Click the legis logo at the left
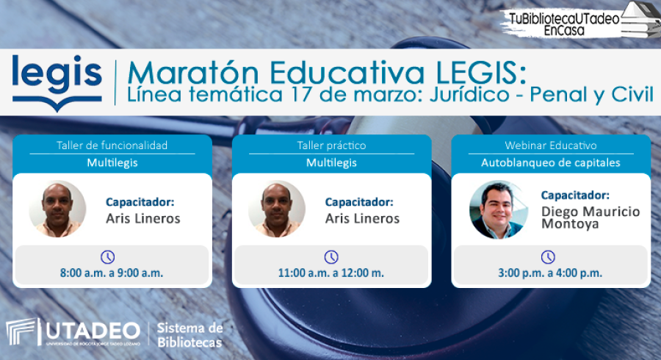[x=57, y=82]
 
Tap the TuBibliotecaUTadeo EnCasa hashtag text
[x=564, y=24]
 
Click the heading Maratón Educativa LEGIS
[x=327, y=73]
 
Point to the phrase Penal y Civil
[x=591, y=95]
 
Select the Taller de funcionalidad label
[x=112, y=145]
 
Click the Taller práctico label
[x=331, y=145]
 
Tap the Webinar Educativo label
[x=551, y=145]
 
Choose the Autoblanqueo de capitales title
[x=551, y=162]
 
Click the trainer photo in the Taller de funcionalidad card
[x=58, y=209]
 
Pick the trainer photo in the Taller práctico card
[x=277, y=209]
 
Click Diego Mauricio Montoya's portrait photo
[x=498, y=209]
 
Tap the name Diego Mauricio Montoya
[x=590, y=217]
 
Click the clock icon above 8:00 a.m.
[x=107, y=256]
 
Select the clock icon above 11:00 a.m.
[x=331, y=256]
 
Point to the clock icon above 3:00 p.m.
[x=548, y=256]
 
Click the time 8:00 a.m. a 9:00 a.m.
[x=112, y=273]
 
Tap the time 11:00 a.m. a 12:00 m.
[x=331, y=273]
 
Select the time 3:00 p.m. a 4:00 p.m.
[x=550, y=273]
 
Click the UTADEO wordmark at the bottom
[x=93, y=331]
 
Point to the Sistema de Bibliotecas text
[x=189, y=335]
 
